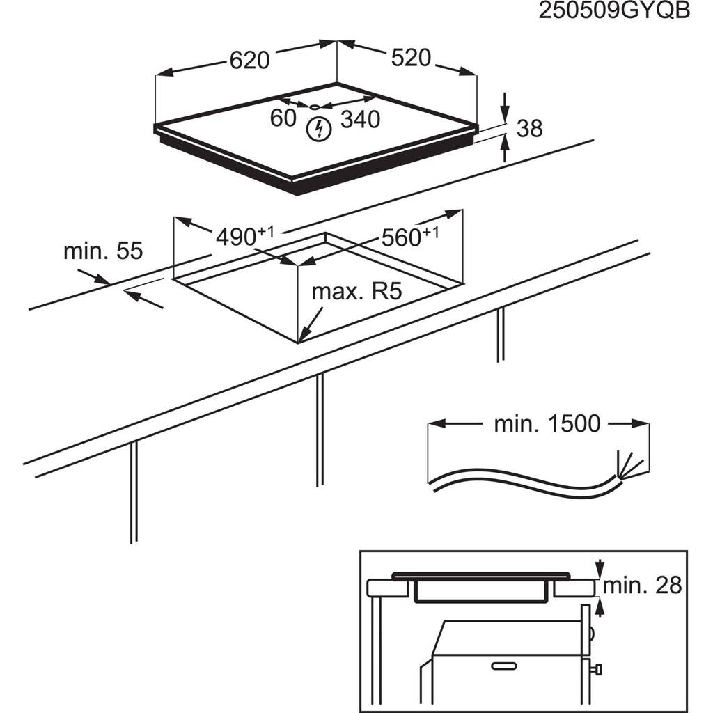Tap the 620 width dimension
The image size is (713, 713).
coord(249,61)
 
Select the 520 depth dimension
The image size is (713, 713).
coord(411,58)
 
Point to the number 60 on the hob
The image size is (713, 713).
coord(283,118)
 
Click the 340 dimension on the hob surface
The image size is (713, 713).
coord(361,120)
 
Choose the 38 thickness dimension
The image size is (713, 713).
coord(528,128)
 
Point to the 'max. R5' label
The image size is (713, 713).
coord(357,292)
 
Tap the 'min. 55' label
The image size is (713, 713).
coord(102,251)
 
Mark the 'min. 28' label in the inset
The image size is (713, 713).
coord(641,586)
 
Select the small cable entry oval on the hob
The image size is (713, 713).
coord(315,107)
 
